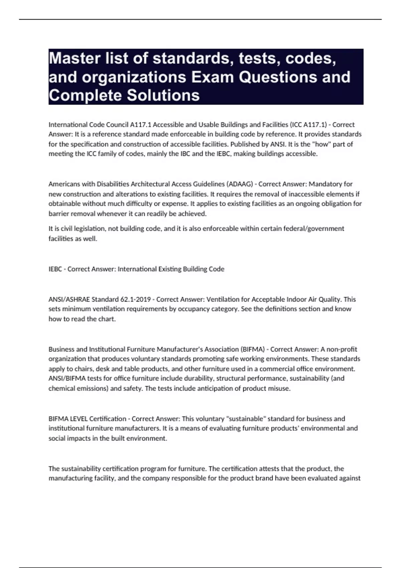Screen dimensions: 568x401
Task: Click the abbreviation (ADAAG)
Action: point(240,184)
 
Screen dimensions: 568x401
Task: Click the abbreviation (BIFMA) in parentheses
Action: point(252,349)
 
